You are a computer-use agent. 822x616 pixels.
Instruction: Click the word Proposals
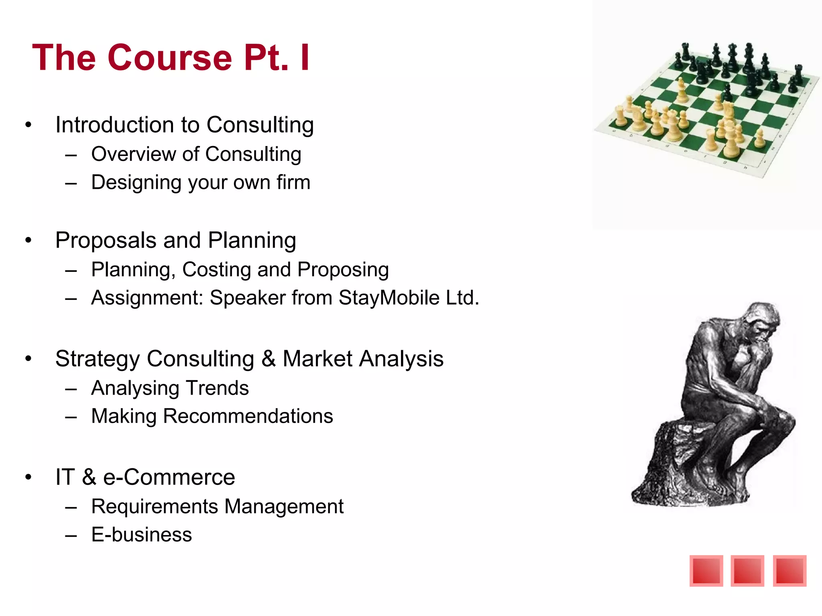pos(106,241)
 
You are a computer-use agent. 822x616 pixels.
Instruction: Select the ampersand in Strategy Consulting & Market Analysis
pos(268,359)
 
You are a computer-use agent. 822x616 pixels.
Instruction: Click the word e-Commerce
pos(169,477)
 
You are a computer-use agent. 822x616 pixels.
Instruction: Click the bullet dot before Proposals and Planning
pos(28,241)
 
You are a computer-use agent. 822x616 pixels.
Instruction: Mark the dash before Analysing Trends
pos(71,389)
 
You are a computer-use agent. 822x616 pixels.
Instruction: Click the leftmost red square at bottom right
pos(706,571)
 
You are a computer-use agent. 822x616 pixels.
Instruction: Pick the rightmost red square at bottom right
pos(789,571)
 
